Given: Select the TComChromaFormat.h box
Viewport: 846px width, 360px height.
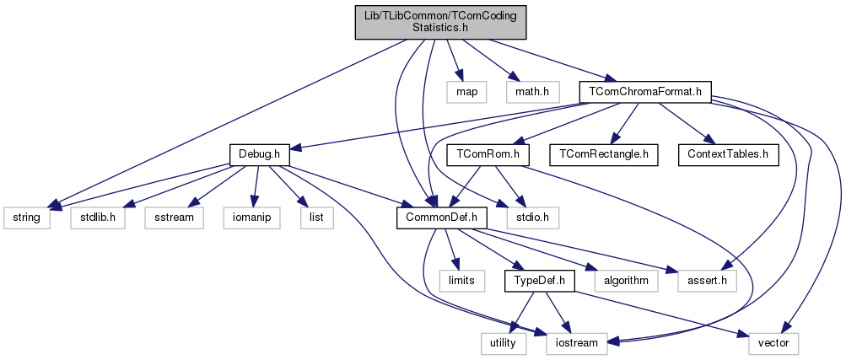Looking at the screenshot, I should [x=645, y=90].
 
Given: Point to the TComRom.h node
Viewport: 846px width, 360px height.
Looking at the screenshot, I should [x=493, y=155].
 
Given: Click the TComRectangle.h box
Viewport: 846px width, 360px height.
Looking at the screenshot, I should [x=604, y=155].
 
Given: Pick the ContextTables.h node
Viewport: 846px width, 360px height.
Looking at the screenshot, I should [x=728, y=155].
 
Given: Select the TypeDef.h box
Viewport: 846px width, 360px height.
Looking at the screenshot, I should [x=540, y=280].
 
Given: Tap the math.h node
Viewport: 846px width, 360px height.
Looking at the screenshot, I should [x=533, y=90].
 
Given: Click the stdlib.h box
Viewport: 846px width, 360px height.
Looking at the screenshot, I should [x=99, y=218].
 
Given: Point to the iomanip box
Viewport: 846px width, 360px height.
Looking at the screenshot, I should [x=247, y=218].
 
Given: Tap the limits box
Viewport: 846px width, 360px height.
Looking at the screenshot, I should [x=461, y=280].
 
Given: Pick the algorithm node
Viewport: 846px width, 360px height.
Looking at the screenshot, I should [x=625, y=280].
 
